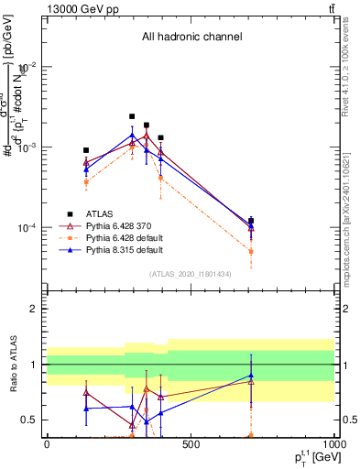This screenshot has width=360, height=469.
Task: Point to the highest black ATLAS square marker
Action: [x=132, y=116]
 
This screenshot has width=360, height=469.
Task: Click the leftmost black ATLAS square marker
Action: [x=86, y=150]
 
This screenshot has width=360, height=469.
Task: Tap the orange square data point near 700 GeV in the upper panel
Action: [x=251, y=251]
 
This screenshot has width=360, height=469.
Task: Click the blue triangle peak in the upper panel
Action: [x=132, y=136]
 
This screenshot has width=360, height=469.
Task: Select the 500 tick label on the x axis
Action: [x=191, y=444]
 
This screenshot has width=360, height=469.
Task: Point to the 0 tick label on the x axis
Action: [x=47, y=444]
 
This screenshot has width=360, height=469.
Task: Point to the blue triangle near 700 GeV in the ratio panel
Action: [x=251, y=376]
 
